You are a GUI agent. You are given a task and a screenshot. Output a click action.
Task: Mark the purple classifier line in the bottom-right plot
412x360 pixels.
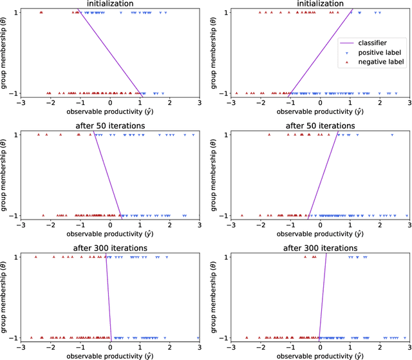point(323,296)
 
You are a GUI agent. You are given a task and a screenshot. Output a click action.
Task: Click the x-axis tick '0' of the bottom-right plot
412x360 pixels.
point(320,345)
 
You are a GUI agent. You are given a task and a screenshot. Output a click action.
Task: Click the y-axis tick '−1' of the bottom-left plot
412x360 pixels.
point(14,337)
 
